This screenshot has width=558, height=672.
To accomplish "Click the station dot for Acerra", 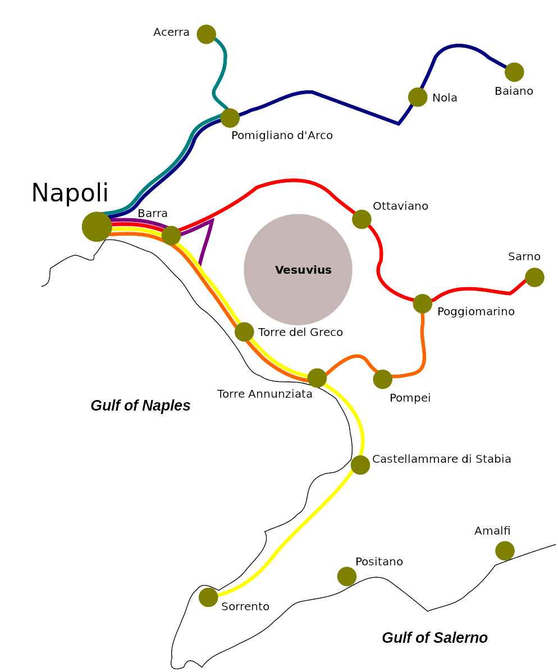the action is point(206,34).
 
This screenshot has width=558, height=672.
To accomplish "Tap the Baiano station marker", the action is point(514,72).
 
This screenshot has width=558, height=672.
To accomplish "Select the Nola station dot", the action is point(418,97).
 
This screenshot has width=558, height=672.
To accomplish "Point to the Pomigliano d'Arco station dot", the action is point(230,118).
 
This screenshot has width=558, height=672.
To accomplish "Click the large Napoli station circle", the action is point(97,227).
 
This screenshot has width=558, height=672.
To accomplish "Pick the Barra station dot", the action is point(171,236).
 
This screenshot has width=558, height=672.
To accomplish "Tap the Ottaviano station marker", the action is point(362,219).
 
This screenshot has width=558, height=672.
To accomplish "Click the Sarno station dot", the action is point(534,277).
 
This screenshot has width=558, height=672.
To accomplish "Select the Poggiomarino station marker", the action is point(423,304).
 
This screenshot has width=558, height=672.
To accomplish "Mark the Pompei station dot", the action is point(383,379).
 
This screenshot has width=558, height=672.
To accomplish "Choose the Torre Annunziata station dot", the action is point(317,378).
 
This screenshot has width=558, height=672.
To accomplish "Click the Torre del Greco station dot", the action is point(244,332).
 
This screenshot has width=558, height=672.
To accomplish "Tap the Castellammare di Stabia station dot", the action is point(360,465).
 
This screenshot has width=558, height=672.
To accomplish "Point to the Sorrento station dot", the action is point(208,597).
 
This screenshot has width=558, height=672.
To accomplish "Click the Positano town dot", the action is point(347,577).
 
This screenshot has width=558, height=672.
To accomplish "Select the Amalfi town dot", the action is point(505,551).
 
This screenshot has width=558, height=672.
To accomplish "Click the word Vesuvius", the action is point(303,270).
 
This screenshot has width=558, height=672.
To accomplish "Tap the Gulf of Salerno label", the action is point(434,638).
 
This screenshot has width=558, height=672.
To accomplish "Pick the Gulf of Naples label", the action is point(140,406).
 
